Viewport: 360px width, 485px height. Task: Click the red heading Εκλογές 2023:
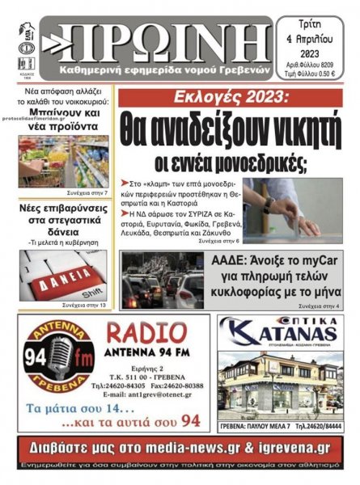212,98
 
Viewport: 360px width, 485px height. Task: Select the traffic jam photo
162,280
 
